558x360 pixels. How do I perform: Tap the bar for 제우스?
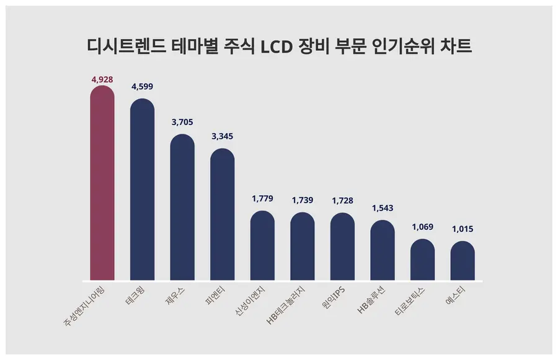[x=182, y=207]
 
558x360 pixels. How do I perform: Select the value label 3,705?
[x=182, y=123]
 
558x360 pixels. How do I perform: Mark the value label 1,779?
[x=262, y=199]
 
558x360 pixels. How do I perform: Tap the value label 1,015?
[x=463, y=229]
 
